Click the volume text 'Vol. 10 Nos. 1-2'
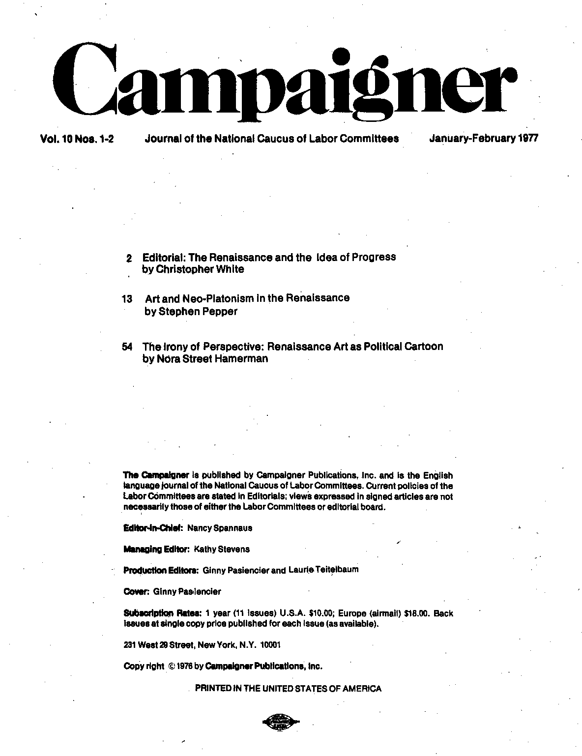pos(77,139)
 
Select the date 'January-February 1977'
pos(484,138)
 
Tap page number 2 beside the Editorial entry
pos(129,258)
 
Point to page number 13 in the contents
pos(127,299)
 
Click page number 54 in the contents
pos(127,347)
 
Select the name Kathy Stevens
pos(222,549)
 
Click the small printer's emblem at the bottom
pos(281,722)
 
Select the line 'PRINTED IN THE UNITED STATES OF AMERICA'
pos(288,689)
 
